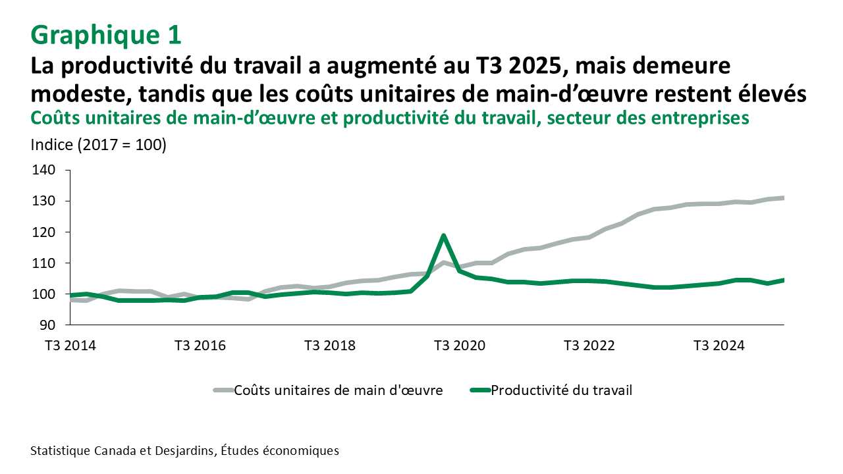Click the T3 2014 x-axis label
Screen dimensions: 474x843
click(x=70, y=346)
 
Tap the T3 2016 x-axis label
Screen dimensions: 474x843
click(x=200, y=346)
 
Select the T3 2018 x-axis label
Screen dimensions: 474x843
click(x=331, y=346)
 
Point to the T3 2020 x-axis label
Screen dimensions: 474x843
click(x=460, y=346)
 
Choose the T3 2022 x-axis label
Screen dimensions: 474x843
click(x=590, y=346)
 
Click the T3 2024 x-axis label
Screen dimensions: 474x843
click(x=720, y=346)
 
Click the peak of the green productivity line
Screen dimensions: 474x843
click(x=444, y=236)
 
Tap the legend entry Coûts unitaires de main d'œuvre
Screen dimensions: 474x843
click(x=338, y=390)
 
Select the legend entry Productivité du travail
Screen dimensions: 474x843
click(x=562, y=390)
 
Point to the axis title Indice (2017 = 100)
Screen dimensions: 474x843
click(x=98, y=145)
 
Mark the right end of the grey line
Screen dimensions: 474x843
click(x=783, y=197)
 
